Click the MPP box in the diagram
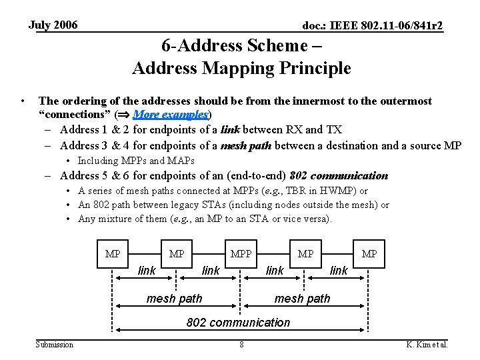coord(241,255)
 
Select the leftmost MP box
coord(113,255)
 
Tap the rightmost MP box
coord(369,255)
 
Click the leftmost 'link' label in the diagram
coord(147,270)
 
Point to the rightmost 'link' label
coord(339,270)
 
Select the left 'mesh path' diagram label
coord(174,298)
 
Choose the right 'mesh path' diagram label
coord(302,298)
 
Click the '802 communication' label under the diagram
coord(238,323)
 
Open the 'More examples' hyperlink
coord(171,115)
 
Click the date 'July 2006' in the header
coord(53,25)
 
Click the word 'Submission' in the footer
coord(55,344)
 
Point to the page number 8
coord(241,345)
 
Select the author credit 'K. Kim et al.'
coord(427,345)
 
